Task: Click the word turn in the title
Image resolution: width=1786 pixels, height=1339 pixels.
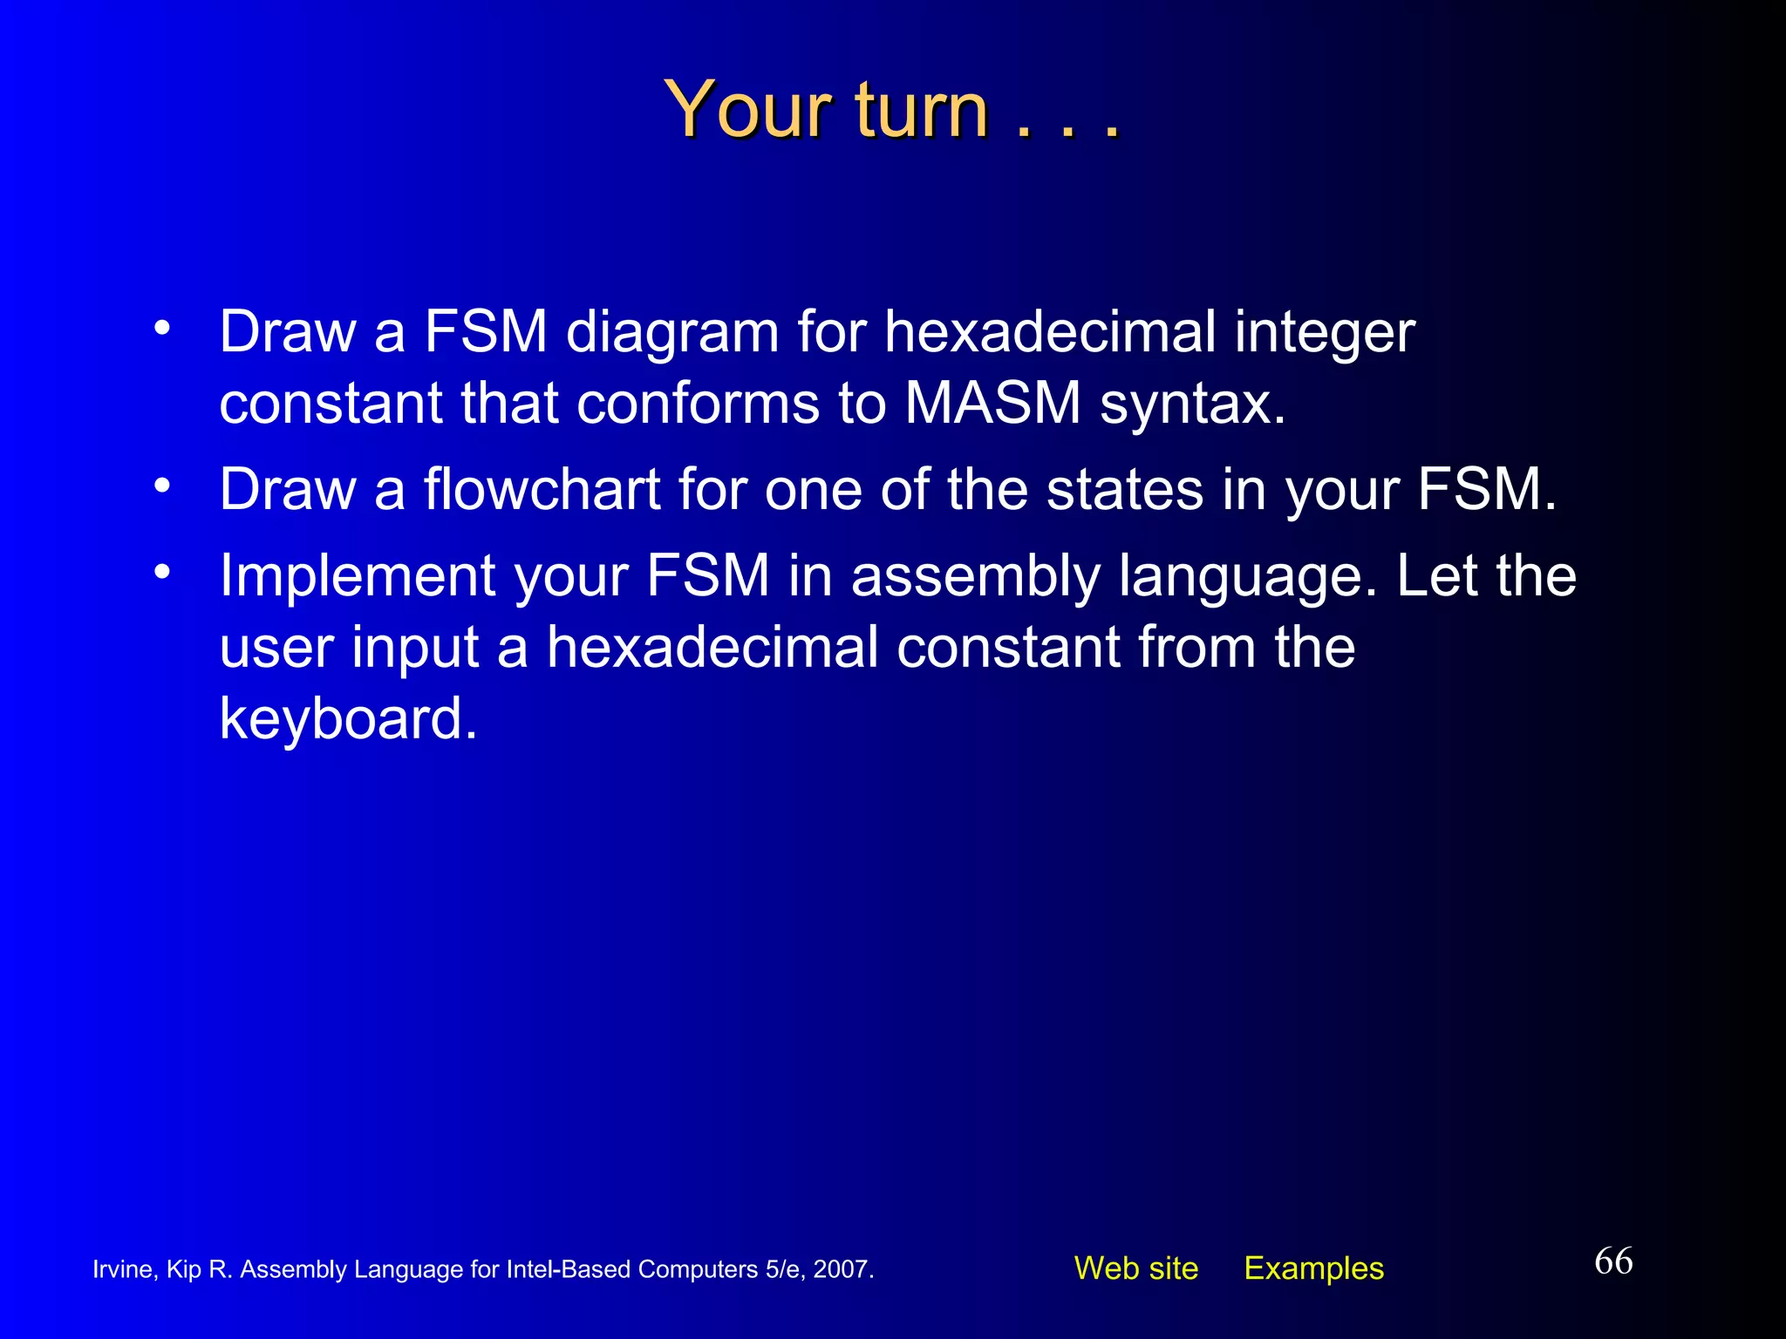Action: coord(922,111)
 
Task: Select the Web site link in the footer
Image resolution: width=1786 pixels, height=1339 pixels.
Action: coord(1135,1268)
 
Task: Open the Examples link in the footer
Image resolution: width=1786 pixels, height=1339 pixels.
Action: coord(1313,1268)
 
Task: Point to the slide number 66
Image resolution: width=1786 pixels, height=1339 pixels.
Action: coord(1613,1261)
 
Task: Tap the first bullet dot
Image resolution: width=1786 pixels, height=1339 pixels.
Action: coord(161,329)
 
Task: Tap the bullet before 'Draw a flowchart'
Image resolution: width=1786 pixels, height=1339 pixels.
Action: coord(161,485)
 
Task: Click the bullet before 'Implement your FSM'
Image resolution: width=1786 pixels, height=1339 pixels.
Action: coord(161,572)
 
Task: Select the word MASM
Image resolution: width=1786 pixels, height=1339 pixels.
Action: coord(992,404)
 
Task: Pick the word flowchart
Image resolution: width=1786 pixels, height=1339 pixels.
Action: coord(542,489)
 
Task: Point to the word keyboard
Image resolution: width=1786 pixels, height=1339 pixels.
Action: coord(348,718)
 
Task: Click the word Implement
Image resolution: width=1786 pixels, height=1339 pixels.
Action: coord(357,577)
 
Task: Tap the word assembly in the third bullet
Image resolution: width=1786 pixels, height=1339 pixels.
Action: coord(975,577)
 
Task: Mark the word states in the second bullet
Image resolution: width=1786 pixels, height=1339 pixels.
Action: coord(1125,489)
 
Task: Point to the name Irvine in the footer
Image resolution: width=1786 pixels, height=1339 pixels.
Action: coord(124,1269)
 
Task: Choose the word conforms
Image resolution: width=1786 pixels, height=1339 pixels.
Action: coord(698,404)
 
